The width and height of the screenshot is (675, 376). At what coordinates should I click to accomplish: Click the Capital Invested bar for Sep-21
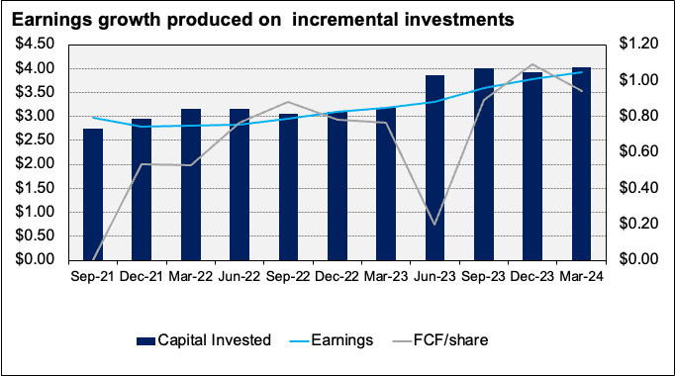(x=93, y=194)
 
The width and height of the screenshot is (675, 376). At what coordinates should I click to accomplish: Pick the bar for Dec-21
(x=142, y=189)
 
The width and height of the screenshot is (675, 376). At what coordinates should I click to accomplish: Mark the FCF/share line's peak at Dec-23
(x=533, y=64)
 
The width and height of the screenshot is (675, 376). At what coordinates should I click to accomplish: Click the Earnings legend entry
(x=339, y=339)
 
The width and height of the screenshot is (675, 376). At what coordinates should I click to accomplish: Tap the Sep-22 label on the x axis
(x=288, y=278)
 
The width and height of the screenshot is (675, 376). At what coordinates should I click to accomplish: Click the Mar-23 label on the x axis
(x=387, y=278)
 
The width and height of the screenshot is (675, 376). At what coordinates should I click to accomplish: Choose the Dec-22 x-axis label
(x=337, y=278)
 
